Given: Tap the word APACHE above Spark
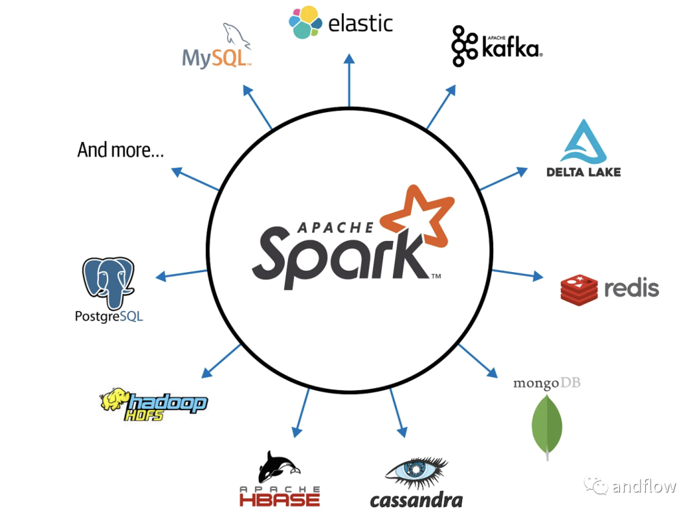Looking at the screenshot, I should point(335,227).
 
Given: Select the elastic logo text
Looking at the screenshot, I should point(361,24).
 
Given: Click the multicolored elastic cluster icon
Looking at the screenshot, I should point(305,22).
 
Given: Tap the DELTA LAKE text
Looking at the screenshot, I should point(583,172).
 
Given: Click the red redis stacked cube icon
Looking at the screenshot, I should point(579,288).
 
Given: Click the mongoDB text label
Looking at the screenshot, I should point(546,383).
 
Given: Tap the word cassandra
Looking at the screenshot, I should point(416,500).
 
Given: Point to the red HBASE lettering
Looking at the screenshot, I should point(279,499).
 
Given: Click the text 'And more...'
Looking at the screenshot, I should point(120,150).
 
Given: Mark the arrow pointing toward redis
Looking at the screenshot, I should point(518,274).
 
